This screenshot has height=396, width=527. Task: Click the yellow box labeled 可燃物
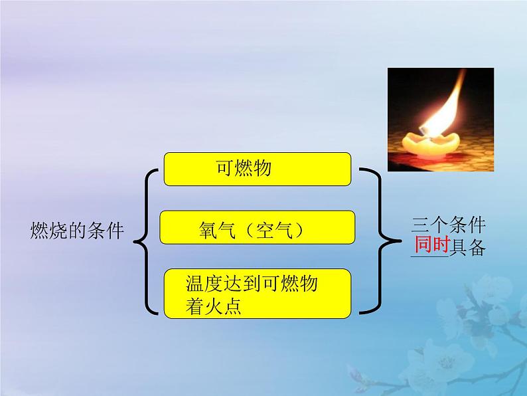click(x=257, y=169)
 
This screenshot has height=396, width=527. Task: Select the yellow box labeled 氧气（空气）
click(x=258, y=229)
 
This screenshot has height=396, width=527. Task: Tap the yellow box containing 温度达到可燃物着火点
click(x=258, y=292)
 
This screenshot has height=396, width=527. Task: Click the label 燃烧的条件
click(x=78, y=230)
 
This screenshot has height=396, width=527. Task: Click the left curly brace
click(x=146, y=241)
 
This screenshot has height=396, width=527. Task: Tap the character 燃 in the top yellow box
click(x=244, y=169)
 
